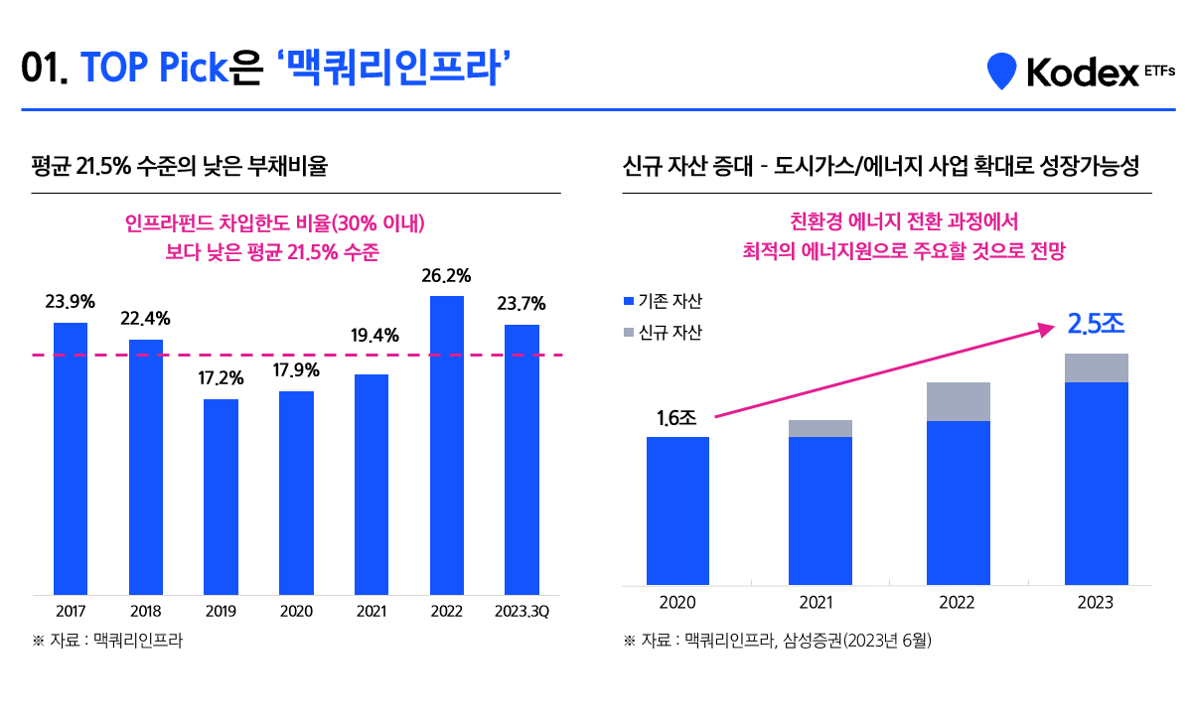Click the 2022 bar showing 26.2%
click(446, 445)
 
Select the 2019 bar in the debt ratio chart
click(221, 497)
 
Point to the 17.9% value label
click(296, 370)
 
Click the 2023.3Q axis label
click(521, 611)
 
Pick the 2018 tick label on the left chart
click(145, 611)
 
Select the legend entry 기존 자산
click(662, 301)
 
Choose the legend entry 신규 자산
click(662, 333)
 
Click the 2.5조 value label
click(1097, 324)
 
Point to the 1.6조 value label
click(676, 417)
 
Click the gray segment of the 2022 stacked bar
click(958, 401)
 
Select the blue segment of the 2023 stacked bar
click(1097, 483)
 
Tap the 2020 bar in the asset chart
click(677, 510)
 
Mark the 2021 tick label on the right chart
click(817, 603)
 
